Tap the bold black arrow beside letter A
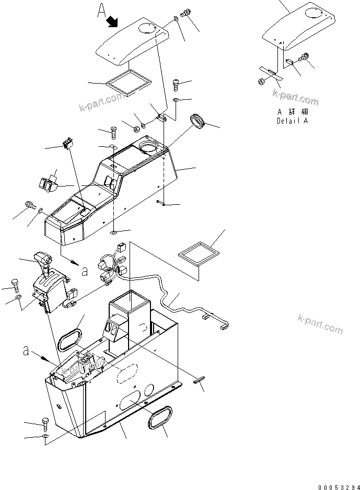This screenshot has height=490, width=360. (x=113, y=21)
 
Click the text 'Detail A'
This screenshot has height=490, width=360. (x=292, y=121)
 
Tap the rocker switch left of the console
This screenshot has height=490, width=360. (x=47, y=183)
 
